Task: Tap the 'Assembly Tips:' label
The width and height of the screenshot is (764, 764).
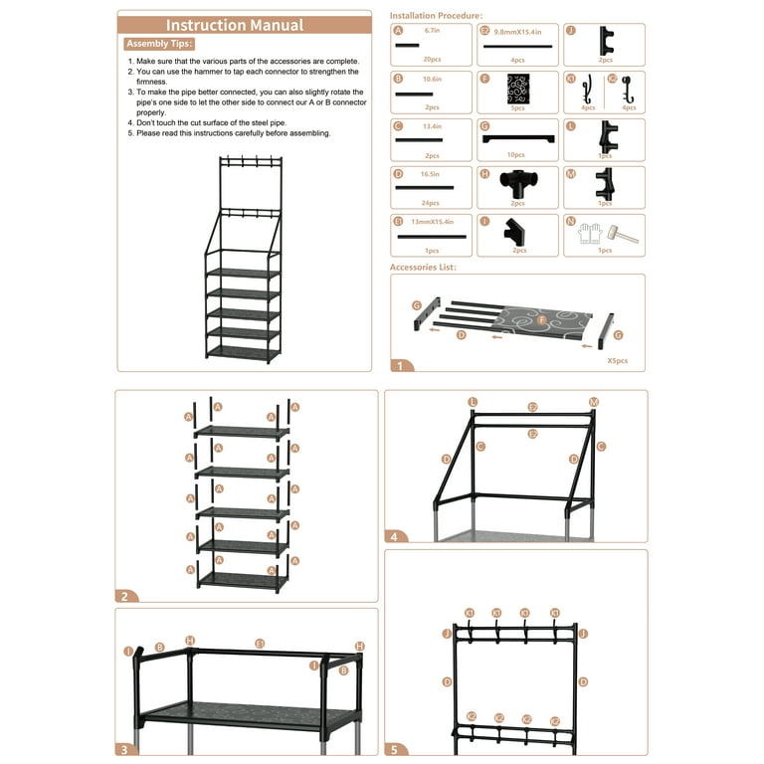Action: pos(159,45)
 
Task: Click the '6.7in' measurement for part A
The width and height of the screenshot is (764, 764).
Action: pos(432,31)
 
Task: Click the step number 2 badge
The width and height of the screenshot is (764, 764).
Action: pos(125,597)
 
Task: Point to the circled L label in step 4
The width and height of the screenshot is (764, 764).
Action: pos(473,402)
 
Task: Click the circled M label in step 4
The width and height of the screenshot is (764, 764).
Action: pos(594,402)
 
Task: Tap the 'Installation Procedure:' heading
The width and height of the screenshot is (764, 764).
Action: pos(436,16)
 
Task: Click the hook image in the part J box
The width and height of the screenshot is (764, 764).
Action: pos(603,41)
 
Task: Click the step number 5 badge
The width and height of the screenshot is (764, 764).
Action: pos(395,751)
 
